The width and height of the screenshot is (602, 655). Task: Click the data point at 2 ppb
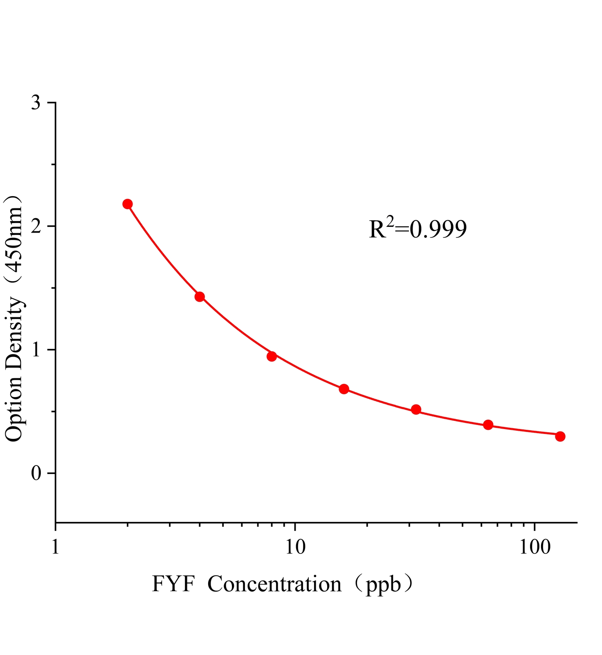click(x=128, y=204)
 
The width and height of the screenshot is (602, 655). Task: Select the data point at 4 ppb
click(x=200, y=297)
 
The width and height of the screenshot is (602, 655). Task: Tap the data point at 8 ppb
click(x=272, y=356)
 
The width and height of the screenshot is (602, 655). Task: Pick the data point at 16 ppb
click(x=344, y=389)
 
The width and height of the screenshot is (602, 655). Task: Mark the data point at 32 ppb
click(x=416, y=409)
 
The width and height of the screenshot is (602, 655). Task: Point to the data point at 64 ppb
click(x=488, y=425)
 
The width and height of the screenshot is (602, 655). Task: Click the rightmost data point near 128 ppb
click(x=560, y=436)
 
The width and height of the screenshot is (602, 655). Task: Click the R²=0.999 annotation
click(x=418, y=229)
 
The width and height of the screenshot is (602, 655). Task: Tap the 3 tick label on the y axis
click(x=37, y=102)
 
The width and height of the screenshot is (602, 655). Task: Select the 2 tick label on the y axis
click(x=37, y=226)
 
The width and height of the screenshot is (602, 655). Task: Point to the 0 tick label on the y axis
click(x=37, y=473)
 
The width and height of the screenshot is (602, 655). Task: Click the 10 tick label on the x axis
click(x=295, y=547)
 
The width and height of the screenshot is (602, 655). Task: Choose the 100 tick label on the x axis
click(x=535, y=547)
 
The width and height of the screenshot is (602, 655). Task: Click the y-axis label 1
click(x=37, y=350)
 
